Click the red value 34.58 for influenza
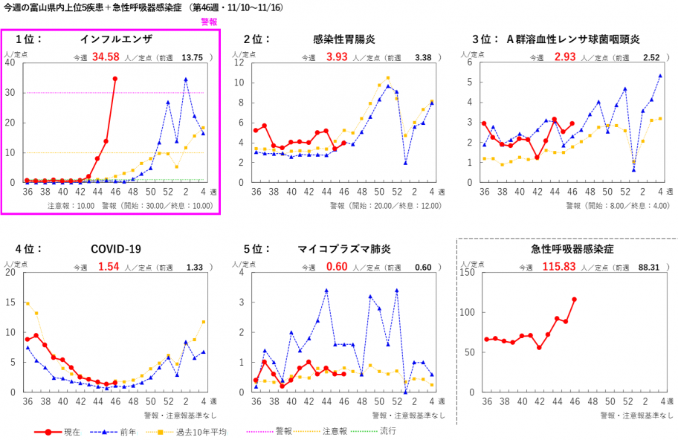(x=106, y=57)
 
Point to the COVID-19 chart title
(x=115, y=249)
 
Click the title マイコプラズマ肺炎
(x=344, y=249)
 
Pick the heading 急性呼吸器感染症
(x=566, y=249)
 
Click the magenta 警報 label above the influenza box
(x=210, y=22)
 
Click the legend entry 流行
(x=387, y=431)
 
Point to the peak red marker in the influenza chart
(x=114, y=79)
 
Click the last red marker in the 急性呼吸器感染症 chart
(x=574, y=300)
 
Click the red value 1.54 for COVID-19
(x=109, y=267)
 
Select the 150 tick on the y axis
(x=469, y=272)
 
